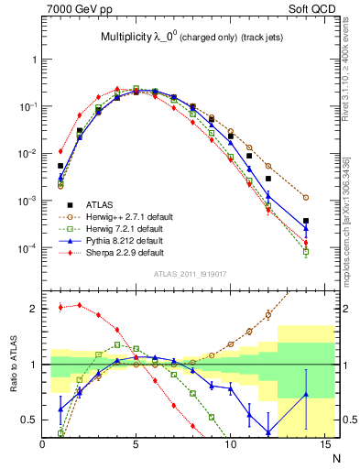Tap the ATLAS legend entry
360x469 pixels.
97,203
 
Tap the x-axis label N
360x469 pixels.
337,455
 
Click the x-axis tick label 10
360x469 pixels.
230,444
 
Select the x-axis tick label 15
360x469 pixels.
323,444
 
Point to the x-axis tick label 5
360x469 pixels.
136,444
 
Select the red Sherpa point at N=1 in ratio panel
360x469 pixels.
60,307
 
